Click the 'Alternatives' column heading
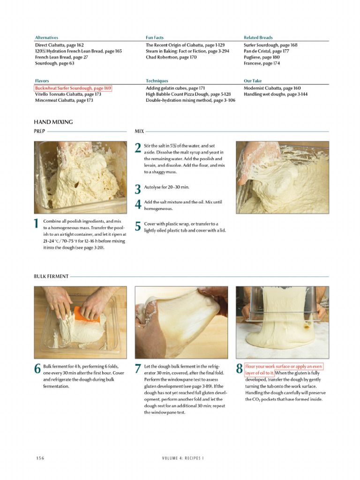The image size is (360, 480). point(46,37)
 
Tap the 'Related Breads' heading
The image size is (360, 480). point(258,37)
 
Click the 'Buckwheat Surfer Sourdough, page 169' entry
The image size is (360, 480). point(73,88)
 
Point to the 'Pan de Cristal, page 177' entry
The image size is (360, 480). point(266,51)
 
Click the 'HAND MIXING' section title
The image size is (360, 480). point(53,122)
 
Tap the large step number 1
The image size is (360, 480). point(37,224)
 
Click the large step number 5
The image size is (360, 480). point(138,227)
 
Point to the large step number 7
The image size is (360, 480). point(138,369)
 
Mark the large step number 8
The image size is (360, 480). point(239,369)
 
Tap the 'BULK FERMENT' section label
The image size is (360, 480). point(51,277)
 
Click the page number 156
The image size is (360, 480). point(40,458)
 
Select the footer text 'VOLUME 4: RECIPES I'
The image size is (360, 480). point(182,458)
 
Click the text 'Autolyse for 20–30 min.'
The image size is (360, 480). point(166,187)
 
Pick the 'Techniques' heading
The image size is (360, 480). point(157,81)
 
